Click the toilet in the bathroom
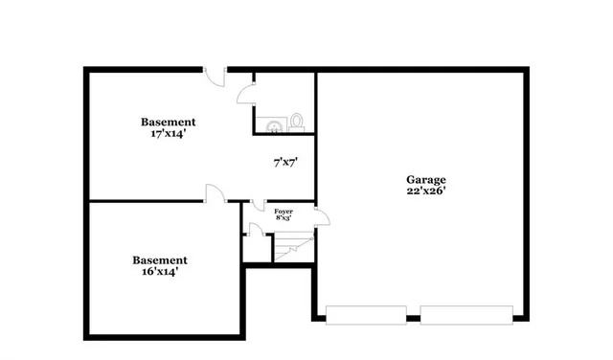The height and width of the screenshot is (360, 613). click(x=297, y=122)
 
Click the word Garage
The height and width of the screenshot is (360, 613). click(x=425, y=179)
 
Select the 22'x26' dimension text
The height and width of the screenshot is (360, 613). click(x=425, y=191)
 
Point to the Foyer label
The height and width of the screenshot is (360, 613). click(x=284, y=210)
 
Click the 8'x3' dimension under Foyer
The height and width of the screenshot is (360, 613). click(x=284, y=217)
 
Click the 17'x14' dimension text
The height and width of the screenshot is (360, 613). click(x=168, y=134)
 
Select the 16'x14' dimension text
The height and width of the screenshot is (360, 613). click(x=159, y=272)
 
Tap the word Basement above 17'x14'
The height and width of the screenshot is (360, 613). click(x=169, y=122)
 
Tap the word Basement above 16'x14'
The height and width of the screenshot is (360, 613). click(x=159, y=259)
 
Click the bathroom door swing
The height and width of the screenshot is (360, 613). click(x=246, y=94)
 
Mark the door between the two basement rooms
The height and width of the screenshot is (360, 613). click(x=215, y=193)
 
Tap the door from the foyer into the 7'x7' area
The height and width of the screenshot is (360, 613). click(x=257, y=206)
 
